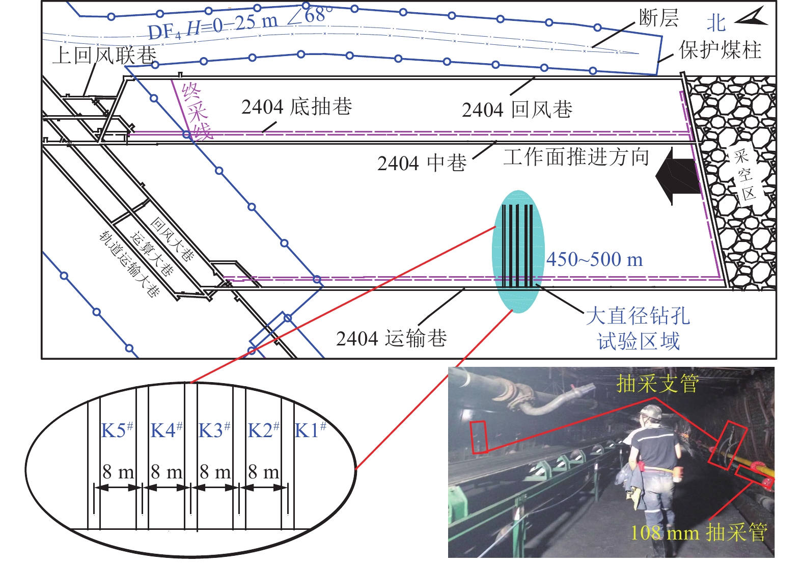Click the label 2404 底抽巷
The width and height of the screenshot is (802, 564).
click(296, 108)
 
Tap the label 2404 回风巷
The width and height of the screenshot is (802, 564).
click(517, 110)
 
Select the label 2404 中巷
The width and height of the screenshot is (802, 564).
click(422, 163)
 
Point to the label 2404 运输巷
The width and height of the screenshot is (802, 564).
click(391, 338)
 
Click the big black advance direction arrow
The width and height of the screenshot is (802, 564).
click(675, 176)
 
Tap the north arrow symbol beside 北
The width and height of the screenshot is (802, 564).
click(752, 17)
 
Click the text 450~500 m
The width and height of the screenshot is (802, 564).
click(594, 260)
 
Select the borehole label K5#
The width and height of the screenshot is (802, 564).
click(117, 430)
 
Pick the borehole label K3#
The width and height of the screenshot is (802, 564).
click(214, 430)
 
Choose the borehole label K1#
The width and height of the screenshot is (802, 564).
click(310, 430)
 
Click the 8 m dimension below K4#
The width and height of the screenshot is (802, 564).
click(167, 472)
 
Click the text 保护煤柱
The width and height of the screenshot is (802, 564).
click(720, 50)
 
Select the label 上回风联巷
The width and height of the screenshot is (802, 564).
click(104, 55)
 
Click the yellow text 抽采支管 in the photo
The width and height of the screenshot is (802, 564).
click(657, 383)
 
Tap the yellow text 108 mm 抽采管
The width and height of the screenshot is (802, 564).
click(699, 533)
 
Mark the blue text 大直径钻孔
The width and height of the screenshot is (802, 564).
click(638, 316)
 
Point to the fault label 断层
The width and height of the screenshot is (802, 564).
click(658, 18)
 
